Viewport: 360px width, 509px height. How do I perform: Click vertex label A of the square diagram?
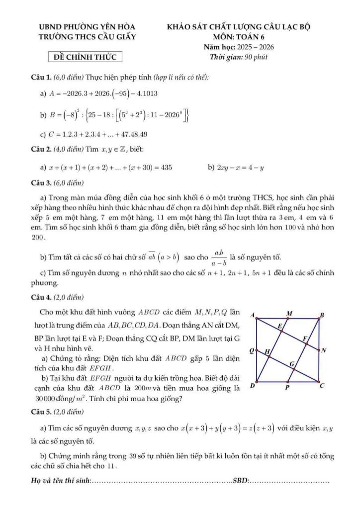point(252,315)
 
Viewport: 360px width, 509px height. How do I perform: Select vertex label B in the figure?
point(321,315)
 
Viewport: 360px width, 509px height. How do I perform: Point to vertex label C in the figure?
point(322,385)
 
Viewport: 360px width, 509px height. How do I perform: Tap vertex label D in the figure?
point(252,386)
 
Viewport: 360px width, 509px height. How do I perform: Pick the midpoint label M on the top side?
point(289,313)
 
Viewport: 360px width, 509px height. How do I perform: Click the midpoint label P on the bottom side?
point(287,387)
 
